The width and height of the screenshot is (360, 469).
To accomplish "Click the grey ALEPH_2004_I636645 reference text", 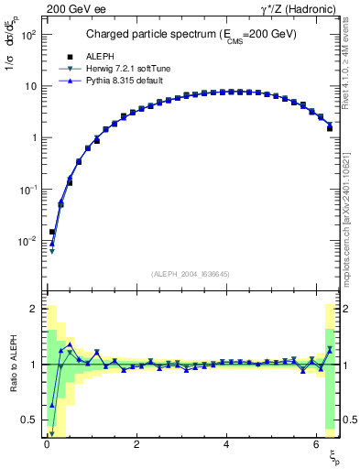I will [x=191, y=273].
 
